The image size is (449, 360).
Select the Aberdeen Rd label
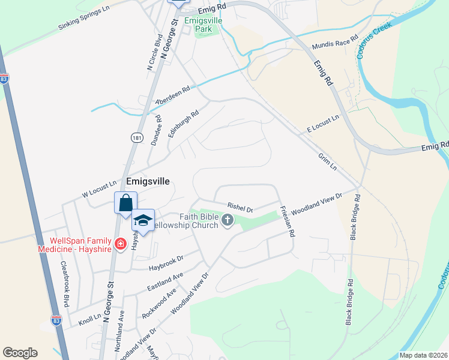pos(172,95)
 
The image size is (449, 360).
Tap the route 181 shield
pos(136,137)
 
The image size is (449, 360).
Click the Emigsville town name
pos(148,181)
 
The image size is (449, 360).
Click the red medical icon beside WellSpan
pos(120,244)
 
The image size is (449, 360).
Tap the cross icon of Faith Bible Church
pos(227,220)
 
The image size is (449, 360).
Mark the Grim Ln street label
pos(327,161)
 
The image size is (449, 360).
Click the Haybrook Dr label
pos(166,262)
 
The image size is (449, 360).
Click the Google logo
pos(20,353)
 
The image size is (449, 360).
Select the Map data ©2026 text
pos(423,355)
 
